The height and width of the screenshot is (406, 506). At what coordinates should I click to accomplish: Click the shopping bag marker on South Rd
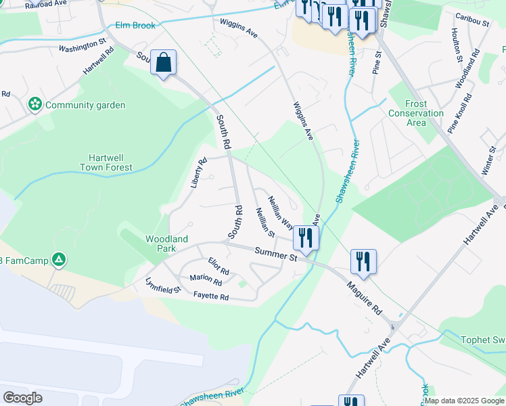[x=163, y=63]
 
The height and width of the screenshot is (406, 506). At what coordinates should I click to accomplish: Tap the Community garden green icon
[x=34, y=105]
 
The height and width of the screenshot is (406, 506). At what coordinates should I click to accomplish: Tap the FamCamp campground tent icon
[x=60, y=259]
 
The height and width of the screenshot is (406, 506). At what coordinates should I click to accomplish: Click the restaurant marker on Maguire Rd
[x=363, y=261]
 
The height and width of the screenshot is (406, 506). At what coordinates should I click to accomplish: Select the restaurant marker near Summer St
[x=306, y=238]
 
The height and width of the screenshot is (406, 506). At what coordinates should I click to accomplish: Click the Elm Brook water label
[x=135, y=26]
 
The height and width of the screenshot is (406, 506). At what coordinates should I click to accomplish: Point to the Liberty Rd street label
[x=198, y=173]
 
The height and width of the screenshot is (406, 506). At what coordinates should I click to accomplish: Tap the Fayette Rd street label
[x=211, y=297]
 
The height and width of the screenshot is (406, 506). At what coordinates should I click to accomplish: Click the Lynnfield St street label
[x=163, y=285]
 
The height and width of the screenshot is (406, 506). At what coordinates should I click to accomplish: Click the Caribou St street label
[x=472, y=22]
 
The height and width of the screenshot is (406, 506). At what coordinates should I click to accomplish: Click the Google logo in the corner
[x=22, y=398]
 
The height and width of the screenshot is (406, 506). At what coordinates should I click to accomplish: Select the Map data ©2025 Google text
[x=463, y=401]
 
